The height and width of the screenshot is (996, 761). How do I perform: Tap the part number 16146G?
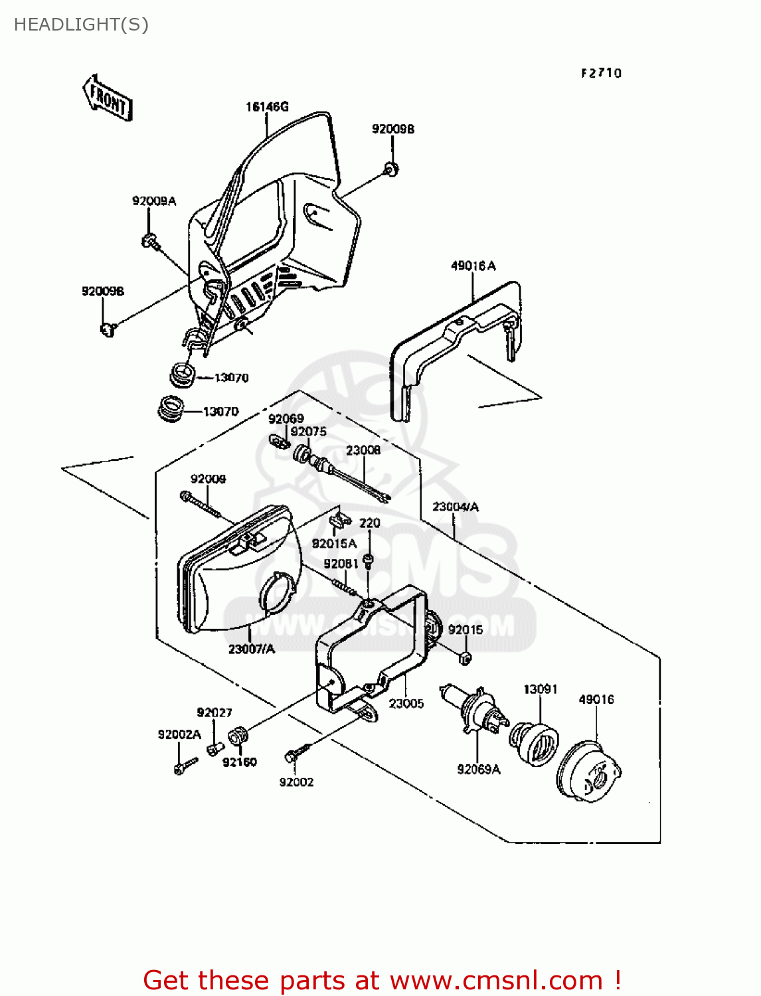click(x=267, y=107)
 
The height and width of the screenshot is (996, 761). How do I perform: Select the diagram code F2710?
click(x=601, y=73)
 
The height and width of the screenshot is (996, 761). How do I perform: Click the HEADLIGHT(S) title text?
click(x=81, y=25)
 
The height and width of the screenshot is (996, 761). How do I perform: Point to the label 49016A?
click(x=473, y=266)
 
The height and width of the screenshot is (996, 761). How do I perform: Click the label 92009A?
click(x=154, y=201)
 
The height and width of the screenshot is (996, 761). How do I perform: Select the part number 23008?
click(x=363, y=450)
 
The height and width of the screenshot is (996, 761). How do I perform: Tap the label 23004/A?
click(x=456, y=507)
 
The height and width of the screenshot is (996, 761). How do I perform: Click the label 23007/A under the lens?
click(x=251, y=649)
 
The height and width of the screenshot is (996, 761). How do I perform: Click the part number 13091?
click(x=541, y=689)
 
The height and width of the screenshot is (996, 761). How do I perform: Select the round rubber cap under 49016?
click(x=590, y=770)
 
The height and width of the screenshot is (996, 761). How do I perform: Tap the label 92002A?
click(x=179, y=734)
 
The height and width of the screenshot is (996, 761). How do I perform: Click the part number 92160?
click(x=239, y=762)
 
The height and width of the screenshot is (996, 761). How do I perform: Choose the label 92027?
click(x=214, y=713)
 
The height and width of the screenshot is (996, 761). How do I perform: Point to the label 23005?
click(x=406, y=704)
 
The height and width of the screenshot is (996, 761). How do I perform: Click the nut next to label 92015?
click(x=465, y=657)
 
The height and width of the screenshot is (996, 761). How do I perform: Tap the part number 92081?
click(x=341, y=564)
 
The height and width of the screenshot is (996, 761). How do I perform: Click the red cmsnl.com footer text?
click(x=382, y=980)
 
